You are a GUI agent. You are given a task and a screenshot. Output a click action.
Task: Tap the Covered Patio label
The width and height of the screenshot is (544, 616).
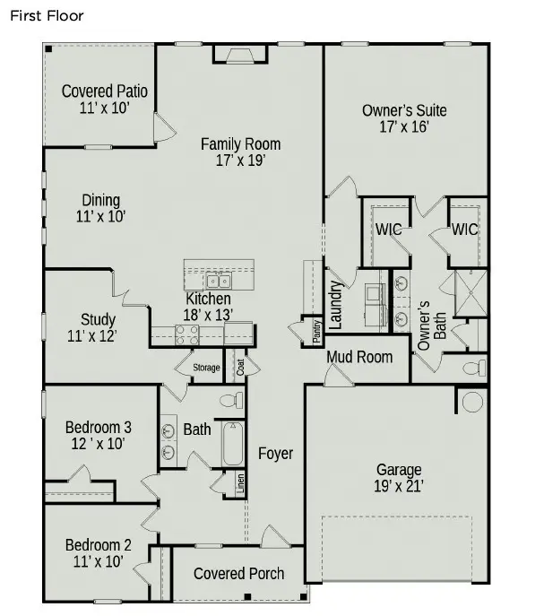[104, 91]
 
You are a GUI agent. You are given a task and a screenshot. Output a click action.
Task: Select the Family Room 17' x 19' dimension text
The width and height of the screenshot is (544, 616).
[240, 161]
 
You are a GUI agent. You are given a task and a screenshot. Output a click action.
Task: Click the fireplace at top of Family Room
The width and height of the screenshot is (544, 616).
[239, 56]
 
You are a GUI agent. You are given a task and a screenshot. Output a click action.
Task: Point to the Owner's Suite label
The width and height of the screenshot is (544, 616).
[404, 111]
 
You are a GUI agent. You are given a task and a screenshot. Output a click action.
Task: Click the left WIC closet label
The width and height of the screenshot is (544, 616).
[388, 230]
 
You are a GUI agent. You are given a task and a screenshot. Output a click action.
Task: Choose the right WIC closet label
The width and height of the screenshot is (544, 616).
[464, 230]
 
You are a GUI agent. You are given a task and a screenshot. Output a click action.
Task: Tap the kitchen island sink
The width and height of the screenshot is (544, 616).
[219, 281]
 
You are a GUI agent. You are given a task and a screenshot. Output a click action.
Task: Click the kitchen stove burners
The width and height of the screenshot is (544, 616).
[186, 334]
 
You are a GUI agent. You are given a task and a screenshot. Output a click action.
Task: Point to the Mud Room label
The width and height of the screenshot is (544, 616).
[358, 357]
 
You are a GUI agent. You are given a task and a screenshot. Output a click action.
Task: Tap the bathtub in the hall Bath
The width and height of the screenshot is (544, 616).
[233, 443]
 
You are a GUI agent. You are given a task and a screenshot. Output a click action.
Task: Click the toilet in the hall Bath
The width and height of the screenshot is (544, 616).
[229, 399]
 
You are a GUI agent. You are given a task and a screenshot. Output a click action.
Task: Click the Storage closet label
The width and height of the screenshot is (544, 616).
[206, 368]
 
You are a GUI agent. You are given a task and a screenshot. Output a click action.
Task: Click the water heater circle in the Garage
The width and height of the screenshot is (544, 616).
[471, 400]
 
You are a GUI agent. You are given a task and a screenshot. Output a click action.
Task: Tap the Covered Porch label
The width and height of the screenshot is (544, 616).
[238, 574]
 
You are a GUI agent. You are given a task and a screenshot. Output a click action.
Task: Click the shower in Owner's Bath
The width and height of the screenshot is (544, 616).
[471, 293]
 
